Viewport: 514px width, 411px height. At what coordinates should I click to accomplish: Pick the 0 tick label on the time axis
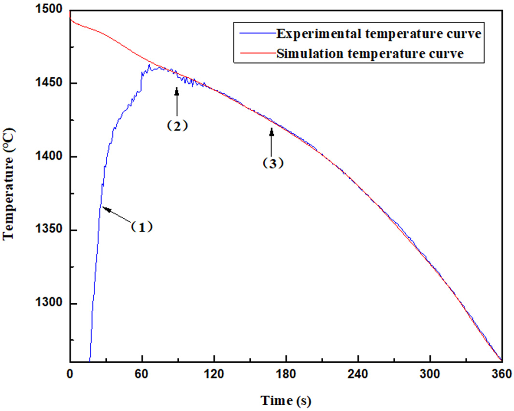click(70, 373)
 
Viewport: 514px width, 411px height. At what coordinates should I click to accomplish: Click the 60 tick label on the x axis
click(142, 373)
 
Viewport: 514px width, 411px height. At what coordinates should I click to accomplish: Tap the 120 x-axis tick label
click(214, 373)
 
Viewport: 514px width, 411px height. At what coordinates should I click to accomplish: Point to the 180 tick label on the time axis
click(286, 373)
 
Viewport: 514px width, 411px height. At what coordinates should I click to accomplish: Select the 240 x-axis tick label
click(358, 373)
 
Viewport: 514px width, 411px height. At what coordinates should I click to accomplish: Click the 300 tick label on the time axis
click(430, 373)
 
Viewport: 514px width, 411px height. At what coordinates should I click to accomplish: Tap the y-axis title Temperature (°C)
click(10, 185)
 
